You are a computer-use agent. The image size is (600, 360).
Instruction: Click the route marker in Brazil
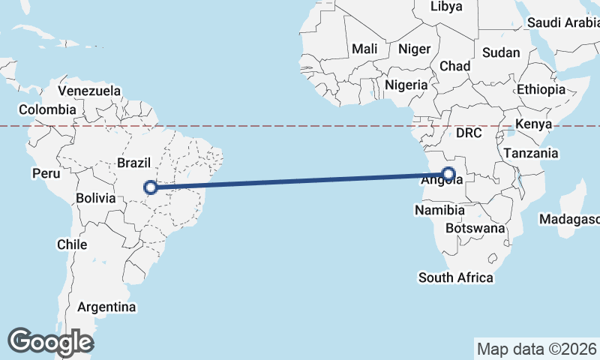(x=151, y=187)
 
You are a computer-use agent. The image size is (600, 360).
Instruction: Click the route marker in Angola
(x=448, y=175)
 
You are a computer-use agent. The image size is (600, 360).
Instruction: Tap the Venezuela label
(x=89, y=91)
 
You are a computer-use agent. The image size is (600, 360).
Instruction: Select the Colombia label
(x=47, y=109)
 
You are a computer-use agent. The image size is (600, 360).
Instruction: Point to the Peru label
(x=45, y=173)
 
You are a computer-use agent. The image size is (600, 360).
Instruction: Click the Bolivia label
(x=95, y=199)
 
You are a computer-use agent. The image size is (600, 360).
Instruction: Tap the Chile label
(x=72, y=244)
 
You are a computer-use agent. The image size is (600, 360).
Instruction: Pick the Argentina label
(x=107, y=307)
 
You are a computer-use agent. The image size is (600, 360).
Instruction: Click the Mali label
(x=364, y=49)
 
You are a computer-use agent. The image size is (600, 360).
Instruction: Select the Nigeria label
(x=406, y=85)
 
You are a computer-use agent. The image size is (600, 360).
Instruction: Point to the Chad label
(x=455, y=66)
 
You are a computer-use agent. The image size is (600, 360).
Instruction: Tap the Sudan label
(x=499, y=52)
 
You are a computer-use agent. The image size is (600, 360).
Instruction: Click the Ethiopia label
(x=541, y=89)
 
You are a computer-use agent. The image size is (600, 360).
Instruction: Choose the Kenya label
(x=535, y=124)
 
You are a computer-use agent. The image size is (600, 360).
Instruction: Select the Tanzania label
(x=531, y=153)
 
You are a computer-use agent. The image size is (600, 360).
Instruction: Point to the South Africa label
(x=456, y=277)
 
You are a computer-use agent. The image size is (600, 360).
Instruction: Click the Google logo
(x=51, y=342)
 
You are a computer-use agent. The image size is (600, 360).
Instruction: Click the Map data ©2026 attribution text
(x=535, y=349)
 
